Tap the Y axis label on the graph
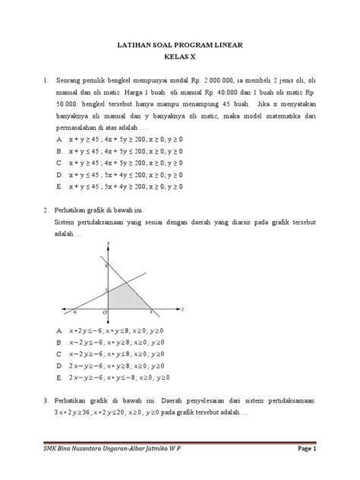tap(109, 242)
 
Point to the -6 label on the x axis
tap(74, 312)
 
